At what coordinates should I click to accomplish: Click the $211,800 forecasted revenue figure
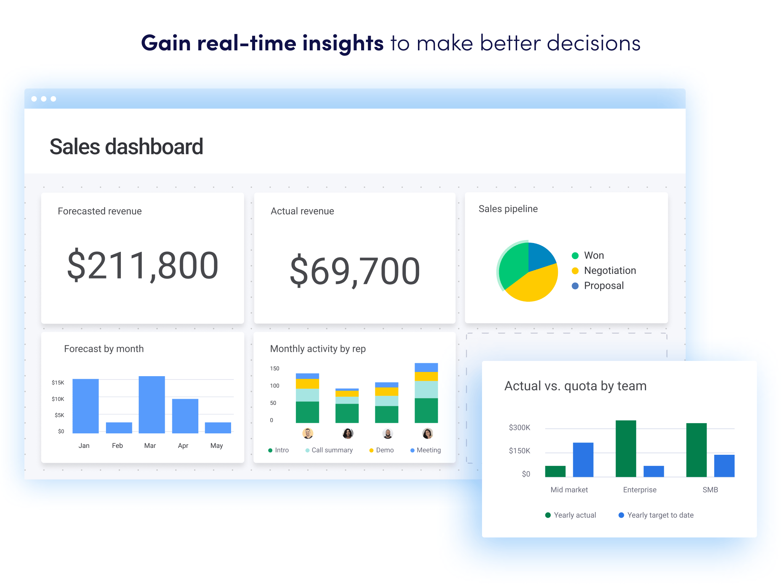click(143, 266)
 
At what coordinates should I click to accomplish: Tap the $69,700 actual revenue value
click(355, 271)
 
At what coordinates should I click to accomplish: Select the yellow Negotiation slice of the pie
click(534, 284)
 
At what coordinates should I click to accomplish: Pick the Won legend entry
click(593, 255)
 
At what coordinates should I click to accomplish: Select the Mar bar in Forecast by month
click(152, 404)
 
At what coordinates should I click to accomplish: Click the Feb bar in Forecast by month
click(119, 428)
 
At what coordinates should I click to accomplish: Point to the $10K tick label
click(58, 399)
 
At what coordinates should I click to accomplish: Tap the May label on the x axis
click(217, 446)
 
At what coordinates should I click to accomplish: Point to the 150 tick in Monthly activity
click(275, 369)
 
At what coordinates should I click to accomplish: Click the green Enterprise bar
click(626, 449)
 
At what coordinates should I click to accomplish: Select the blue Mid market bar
click(583, 460)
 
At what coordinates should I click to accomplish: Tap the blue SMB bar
click(724, 466)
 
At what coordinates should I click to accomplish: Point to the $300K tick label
click(519, 428)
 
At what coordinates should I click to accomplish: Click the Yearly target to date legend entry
click(660, 515)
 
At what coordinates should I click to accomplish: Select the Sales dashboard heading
click(126, 147)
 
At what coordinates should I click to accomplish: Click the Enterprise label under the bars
click(640, 490)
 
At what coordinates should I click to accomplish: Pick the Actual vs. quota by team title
click(575, 386)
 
